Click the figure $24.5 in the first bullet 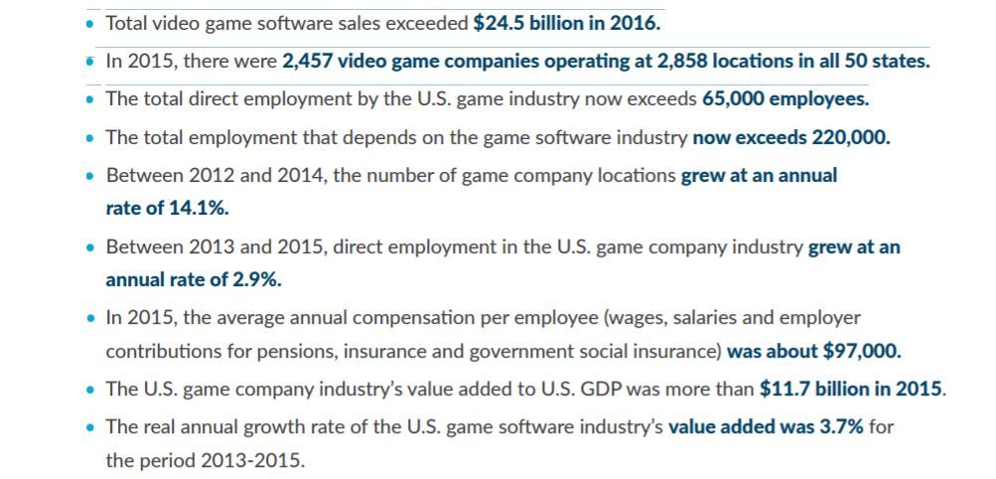[x=499, y=24]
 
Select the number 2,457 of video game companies [x=308, y=62]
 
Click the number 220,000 [x=851, y=138]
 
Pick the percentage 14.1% [x=199, y=208]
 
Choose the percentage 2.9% [x=257, y=280]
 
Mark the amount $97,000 [x=861, y=352]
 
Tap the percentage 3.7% [x=843, y=426]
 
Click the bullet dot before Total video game [x=90, y=24]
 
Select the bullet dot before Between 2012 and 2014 [x=90, y=175]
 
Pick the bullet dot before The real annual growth [x=90, y=427]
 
